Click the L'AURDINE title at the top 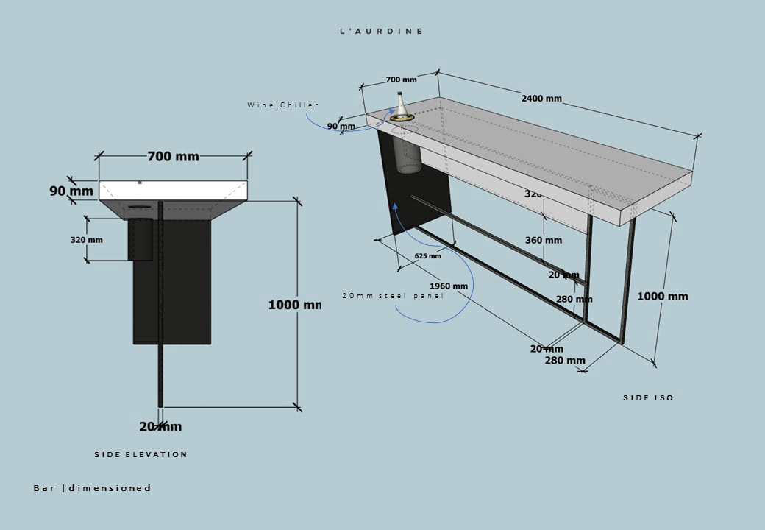(x=381, y=32)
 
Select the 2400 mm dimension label (x=541, y=99)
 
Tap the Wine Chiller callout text (x=283, y=105)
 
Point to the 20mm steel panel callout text (x=393, y=296)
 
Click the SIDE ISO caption (x=648, y=398)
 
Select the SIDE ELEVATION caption (x=140, y=455)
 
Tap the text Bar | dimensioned (x=92, y=488)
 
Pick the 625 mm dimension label (x=427, y=256)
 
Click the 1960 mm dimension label (x=449, y=286)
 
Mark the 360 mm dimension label (x=544, y=240)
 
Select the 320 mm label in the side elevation (x=87, y=240)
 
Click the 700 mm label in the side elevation (x=173, y=156)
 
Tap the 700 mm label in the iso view (x=401, y=79)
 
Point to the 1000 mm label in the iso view (x=662, y=296)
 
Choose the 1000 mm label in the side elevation (x=293, y=305)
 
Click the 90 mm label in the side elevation (x=71, y=191)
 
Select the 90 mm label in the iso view (x=341, y=127)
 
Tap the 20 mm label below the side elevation (x=160, y=426)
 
